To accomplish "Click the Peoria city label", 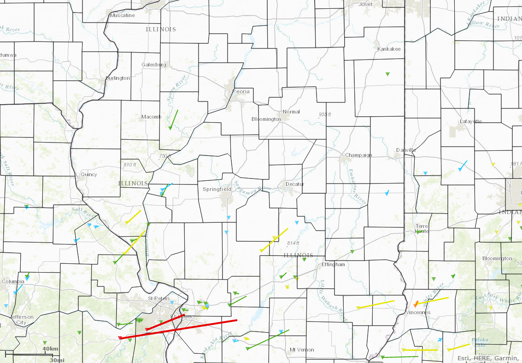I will pyautogui.click(x=241, y=91).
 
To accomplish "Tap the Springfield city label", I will pyautogui.click(x=217, y=189).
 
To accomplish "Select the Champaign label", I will pyautogui.click(x=358, y=155).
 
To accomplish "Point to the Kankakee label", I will pyautogui.click(x=389, y=49).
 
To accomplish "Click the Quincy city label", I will pyautogui.click(x=88, y=174).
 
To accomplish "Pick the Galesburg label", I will pyautogui.click(x=154, y=65).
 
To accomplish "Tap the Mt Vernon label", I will pyautogui.click(x=302, y=350).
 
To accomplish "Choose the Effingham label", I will pyautogui.click(x=333, y=264).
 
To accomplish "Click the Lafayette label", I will pyautogui.click(x=470, y=121).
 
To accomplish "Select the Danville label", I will pyautogui.click(x=406, y=150).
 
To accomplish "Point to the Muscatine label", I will pyautogui.click(x=122, y=15).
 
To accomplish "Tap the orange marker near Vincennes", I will pyautogui.click(x=416, y=304).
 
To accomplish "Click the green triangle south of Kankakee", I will pyautogui.click(x=387, y=74).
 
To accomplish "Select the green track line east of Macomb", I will pyautogui.click(x=174, y=119).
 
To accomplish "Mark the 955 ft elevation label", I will pyautogui.click(x=325, y=114).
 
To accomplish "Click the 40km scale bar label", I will pyautogui.click(x=50, y=348).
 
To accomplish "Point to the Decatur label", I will pyautogui.click(x=295, y=184).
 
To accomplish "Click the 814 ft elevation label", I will pyautogui.click(x=293, y=243).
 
